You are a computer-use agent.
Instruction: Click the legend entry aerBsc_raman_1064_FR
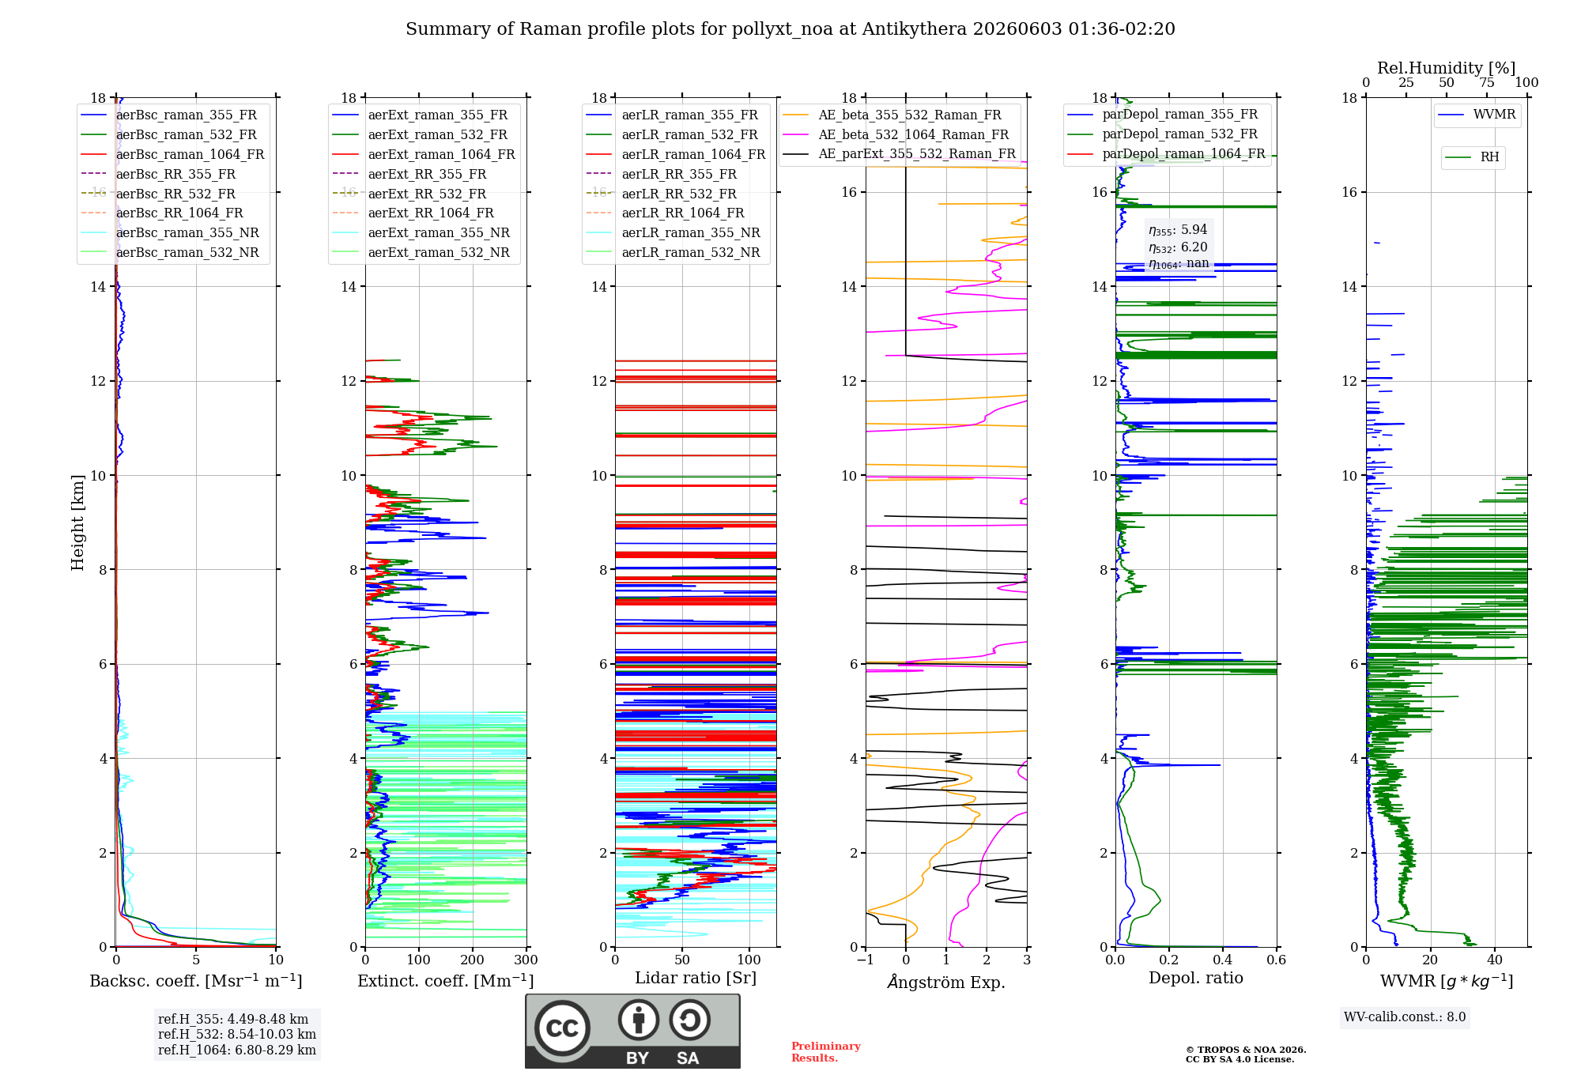point(172,154)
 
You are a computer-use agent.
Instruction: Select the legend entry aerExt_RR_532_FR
point(409,194)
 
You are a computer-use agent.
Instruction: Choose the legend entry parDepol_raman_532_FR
point(1162,134)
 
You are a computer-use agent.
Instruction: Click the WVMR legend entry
point(1477,115)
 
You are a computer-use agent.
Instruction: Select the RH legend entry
point(1472,157)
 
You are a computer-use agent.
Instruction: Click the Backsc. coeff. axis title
point(196,981)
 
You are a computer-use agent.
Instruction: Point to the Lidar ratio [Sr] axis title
point(696,978)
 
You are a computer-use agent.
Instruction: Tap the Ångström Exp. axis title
point(946,982)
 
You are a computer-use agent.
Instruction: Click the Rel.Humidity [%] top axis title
point(1447,68)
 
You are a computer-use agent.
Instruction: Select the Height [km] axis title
point(77,522)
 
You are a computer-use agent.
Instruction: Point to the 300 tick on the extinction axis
point(526,960)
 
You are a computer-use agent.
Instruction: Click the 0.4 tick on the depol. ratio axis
point(1223,960)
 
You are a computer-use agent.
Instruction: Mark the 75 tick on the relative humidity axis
point(1487,83)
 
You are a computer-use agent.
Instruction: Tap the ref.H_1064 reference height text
point(237,1050)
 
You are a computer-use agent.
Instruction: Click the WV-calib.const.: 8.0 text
point(1405,1017)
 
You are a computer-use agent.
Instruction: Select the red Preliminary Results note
point(826,1052)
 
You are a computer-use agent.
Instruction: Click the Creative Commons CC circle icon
point(562,1028)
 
